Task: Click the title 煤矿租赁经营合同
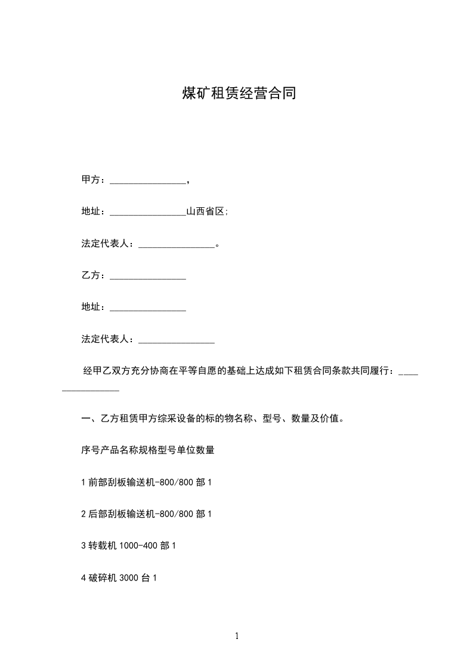click(x=239, y=94)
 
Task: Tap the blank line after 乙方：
click(x=148, y=278)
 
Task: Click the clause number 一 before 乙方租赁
click(x=85, y=419)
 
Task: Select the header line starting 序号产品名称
click(x=147, y=450)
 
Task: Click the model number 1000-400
click(x=140, y=546)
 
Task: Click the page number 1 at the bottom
click(x=237, y=636)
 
